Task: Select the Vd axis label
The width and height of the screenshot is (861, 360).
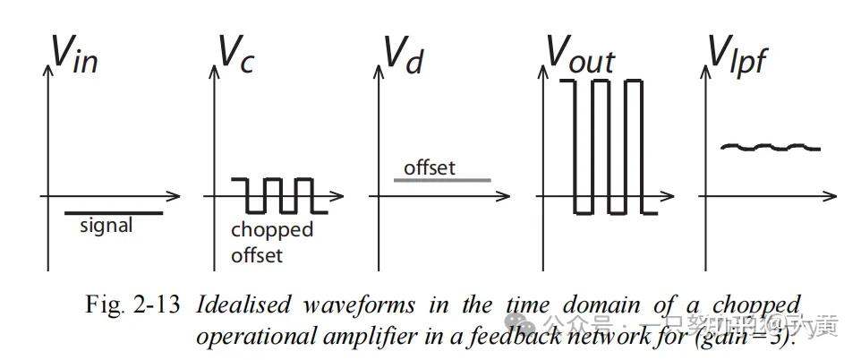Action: [404, 56]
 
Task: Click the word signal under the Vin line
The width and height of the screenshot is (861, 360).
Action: [106, 226]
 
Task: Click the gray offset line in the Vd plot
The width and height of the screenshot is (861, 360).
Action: [442, 180]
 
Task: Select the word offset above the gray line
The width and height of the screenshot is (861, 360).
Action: [429, 167]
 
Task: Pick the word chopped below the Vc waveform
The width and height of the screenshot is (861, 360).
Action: [272, 230]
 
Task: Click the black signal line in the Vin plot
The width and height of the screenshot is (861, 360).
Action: [114, 213]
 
